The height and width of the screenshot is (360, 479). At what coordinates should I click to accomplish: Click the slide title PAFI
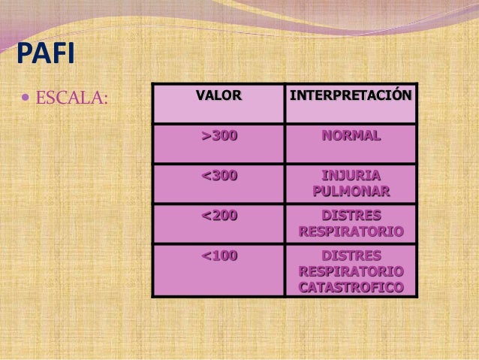coord(41,56)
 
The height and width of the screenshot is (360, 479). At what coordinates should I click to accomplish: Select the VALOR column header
coord(218,96)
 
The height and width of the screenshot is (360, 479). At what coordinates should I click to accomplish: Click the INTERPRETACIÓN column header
coord(351,96)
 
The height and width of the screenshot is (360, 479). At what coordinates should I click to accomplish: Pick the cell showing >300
coord(218,136)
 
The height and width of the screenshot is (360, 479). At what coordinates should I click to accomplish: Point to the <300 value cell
coord(218,177)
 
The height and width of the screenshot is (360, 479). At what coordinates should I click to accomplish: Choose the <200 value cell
coord(218,216)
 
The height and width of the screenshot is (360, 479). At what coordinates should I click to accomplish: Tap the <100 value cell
coord(218,256)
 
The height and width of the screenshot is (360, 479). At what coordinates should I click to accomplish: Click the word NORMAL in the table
coord(351,136)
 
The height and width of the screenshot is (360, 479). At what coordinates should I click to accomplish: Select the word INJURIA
coord(351,177)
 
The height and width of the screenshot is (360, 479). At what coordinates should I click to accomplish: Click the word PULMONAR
coord(351,192)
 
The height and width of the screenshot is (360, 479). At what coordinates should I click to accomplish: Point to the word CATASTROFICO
coord(351,287)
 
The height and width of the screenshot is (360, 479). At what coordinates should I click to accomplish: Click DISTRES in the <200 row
coord(351,216)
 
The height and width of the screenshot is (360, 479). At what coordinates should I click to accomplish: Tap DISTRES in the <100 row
coord(351,256)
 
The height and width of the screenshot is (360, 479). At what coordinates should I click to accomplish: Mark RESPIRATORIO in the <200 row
coord(351,231)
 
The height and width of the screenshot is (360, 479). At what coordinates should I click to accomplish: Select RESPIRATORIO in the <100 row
coord(351,271)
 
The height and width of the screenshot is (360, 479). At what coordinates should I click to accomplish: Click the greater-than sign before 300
coord(205,136)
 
